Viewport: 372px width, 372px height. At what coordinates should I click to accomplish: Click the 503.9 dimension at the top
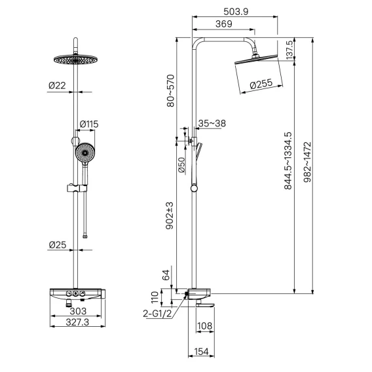(236, 11)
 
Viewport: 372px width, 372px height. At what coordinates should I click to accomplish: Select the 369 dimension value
(224, 24)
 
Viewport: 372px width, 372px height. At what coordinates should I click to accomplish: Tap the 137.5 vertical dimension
(289, 50)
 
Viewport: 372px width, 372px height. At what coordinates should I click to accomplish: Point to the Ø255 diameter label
(261, 84)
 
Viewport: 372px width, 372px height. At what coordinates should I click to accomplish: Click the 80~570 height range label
(171, 91)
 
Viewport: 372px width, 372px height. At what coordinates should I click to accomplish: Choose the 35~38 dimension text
(212, 123)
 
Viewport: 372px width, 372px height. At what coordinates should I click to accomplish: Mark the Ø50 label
(181, 165)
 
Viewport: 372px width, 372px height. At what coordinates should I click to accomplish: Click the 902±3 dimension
(170, 215)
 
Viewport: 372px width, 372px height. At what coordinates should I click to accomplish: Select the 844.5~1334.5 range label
(288, 161)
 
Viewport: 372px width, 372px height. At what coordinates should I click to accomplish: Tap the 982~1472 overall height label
(308, 162)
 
